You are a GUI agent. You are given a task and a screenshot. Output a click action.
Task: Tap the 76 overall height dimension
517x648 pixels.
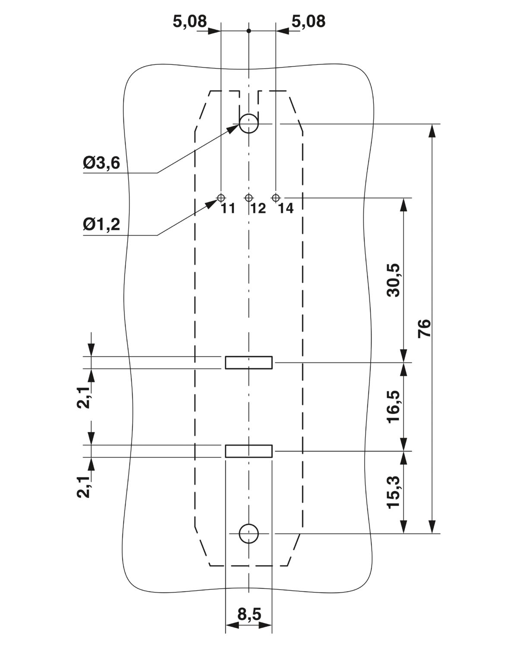point(425,328)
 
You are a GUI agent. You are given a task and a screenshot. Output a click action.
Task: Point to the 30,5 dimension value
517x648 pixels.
point(394,280)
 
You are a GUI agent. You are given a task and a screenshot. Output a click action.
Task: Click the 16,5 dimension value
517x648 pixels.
point(394,407)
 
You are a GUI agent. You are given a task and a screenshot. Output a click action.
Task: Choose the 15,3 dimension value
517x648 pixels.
point(394,492)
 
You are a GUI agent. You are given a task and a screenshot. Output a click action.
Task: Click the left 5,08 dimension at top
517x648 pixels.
point(190,21)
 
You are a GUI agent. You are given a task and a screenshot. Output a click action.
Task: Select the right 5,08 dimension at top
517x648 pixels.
point(308,21)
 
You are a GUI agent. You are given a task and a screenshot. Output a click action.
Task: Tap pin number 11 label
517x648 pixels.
point(228,209)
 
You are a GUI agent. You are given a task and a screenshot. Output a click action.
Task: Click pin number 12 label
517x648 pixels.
point(258,209)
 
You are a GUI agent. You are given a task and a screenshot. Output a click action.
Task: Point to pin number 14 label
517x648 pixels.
point(286,209)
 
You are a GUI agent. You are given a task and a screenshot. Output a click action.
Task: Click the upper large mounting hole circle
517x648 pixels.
point(249,124)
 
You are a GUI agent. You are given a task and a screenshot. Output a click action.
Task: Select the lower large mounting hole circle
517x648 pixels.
point(249,534)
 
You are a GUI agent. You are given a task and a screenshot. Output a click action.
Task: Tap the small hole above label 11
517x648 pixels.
point(221,198)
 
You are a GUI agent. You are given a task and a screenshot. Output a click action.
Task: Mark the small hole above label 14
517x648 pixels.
point(276,198)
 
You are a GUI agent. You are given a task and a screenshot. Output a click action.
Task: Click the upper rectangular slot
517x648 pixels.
point(249,362)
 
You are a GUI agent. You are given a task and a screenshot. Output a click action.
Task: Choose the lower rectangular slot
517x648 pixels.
point(249,451)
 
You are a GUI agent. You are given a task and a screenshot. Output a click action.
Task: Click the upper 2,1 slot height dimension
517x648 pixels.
point(84,397)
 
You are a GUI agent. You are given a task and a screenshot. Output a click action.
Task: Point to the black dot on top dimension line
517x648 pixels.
point(249,31)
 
